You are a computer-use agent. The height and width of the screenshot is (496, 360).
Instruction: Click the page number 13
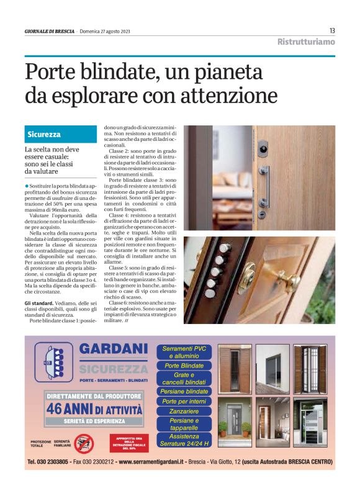332,30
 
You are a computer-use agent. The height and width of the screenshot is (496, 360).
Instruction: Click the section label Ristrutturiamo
305,42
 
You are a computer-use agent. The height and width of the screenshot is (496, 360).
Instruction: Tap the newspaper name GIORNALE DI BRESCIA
50,31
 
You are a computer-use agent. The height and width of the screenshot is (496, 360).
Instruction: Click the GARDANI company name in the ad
114,349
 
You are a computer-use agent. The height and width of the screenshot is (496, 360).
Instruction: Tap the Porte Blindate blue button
184,366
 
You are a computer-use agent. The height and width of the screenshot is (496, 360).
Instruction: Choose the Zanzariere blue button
184,411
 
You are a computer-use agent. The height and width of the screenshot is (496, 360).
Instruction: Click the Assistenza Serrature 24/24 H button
184,440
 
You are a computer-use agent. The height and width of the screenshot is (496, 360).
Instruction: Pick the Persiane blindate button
184,392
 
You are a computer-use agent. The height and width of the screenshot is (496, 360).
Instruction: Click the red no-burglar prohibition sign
83,443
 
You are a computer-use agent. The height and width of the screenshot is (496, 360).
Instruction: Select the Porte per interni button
184,402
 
